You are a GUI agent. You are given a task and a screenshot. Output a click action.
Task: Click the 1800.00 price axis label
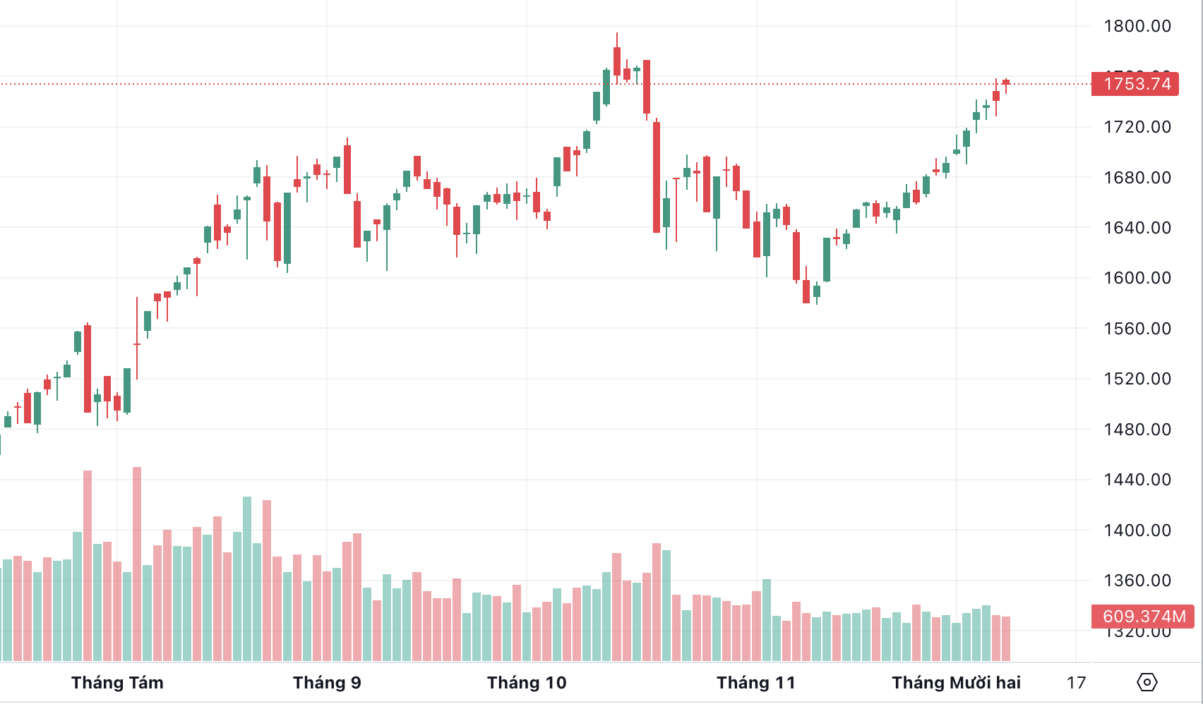[1137, 26]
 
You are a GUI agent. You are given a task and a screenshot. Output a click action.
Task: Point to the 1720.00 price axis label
[1137, 127]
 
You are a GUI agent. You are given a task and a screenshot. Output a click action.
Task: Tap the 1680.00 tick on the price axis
[1137, 178]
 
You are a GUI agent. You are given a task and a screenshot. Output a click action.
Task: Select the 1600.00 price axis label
[1137, 278]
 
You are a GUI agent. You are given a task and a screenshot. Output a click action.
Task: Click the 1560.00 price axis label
[1137, 329]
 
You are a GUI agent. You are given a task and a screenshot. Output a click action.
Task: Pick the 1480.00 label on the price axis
[1137, 430]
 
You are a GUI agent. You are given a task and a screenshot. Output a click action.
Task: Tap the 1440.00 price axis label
[1137, 480]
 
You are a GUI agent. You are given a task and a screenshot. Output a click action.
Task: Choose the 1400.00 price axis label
[1137, 530]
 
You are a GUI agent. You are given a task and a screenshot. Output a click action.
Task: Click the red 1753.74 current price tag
[1135, 84]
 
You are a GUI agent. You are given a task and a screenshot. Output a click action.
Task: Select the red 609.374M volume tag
[1143, 617]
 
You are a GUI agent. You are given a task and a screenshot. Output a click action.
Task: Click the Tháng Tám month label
[117, 683]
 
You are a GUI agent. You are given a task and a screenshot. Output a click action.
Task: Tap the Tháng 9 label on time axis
[327, 683]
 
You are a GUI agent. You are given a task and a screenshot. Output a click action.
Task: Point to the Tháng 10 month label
[527, 683]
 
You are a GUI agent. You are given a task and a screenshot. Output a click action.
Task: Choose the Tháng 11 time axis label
[755, 683]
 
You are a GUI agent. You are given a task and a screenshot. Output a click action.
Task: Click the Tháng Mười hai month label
[956, 683]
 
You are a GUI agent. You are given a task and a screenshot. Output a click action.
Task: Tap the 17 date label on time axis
[1076, 683]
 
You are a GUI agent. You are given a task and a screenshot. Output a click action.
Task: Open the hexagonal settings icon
[1147, 682]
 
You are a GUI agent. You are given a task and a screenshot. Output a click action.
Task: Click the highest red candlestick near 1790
[617, 61]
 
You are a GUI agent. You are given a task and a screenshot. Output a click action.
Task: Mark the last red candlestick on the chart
[1006, 83]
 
